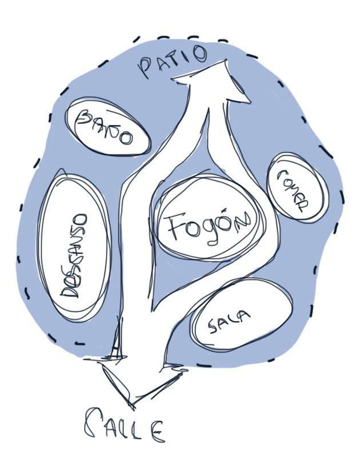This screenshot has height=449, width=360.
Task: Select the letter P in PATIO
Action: point(144,70)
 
